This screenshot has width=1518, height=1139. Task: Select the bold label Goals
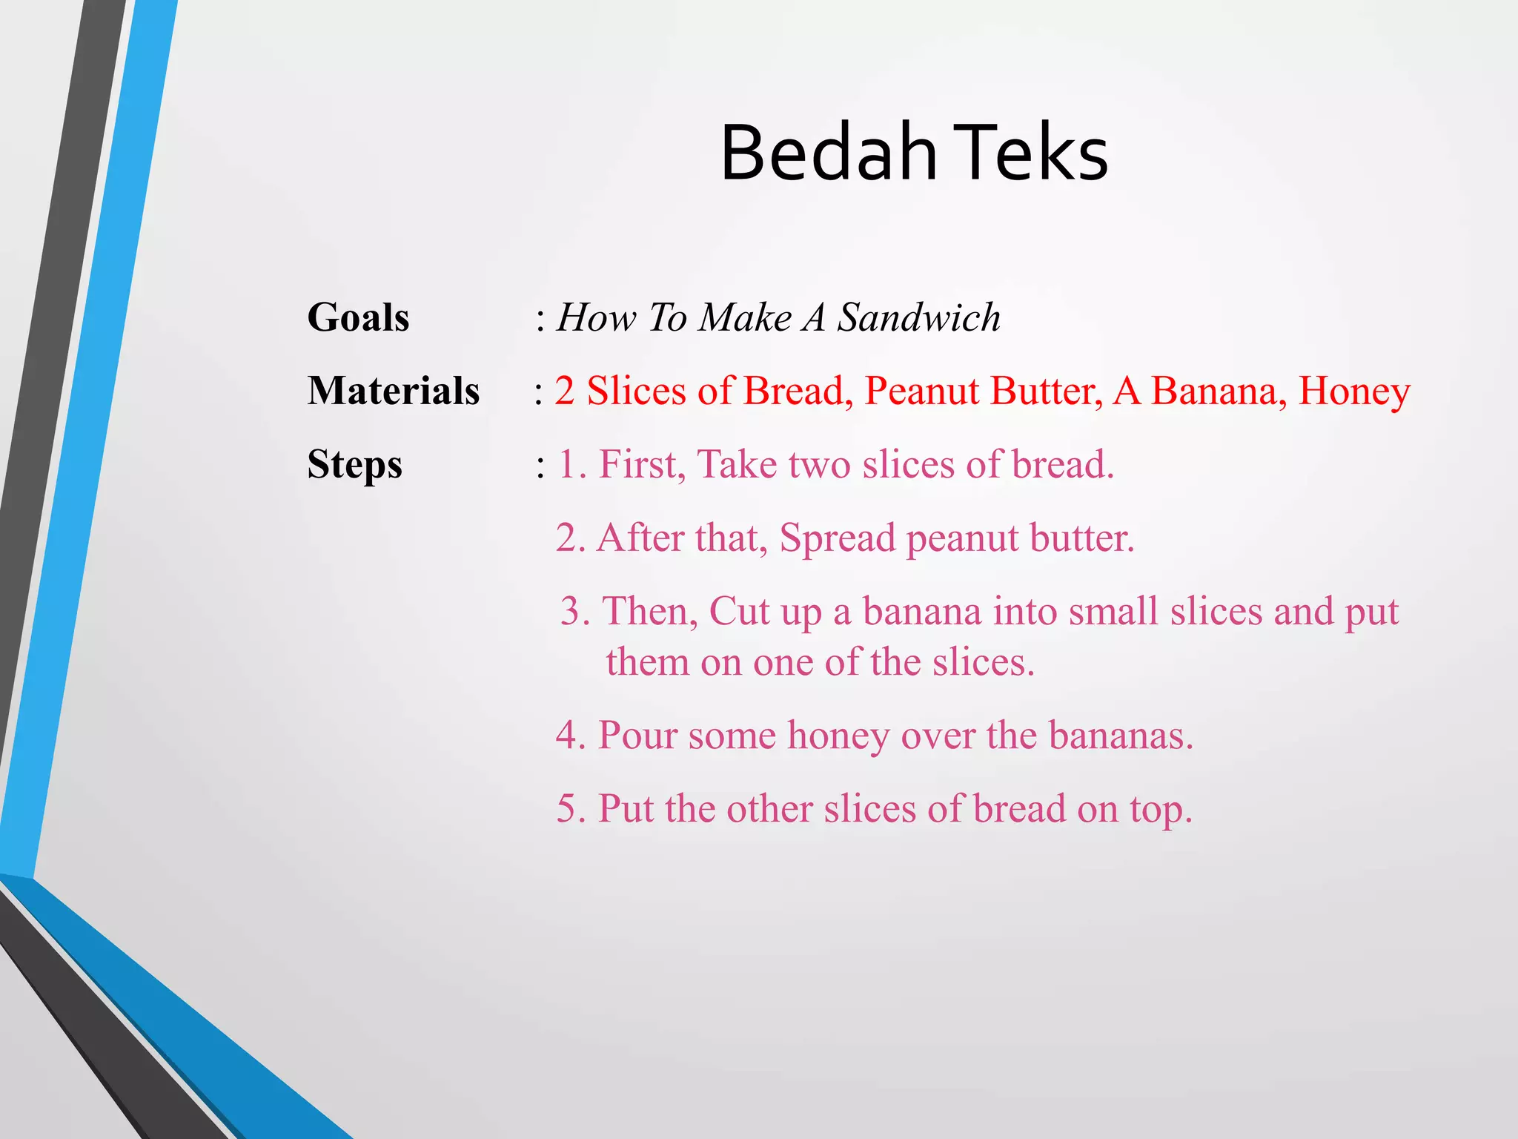[358, 317]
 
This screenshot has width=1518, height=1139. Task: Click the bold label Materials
[394, 391]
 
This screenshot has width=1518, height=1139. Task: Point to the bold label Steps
[354, 466]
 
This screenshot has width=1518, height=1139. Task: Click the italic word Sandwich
[919, 317]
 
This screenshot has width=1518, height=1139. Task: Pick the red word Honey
[1354, 392]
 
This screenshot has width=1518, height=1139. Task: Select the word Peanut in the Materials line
[921, 391]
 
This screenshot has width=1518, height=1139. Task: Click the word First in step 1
[642, 465]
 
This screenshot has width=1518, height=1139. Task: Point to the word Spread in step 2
[838, 539]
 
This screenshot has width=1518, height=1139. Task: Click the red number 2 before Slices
[565, 391]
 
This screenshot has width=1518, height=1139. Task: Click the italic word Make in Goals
[746, 317]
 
